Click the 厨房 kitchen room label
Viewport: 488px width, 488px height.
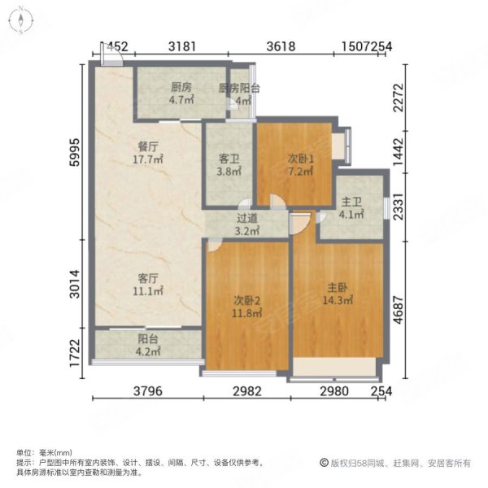coord(181,88)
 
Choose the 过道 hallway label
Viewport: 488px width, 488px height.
coord(247,218)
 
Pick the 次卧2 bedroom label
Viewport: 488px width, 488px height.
coord(248,300)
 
